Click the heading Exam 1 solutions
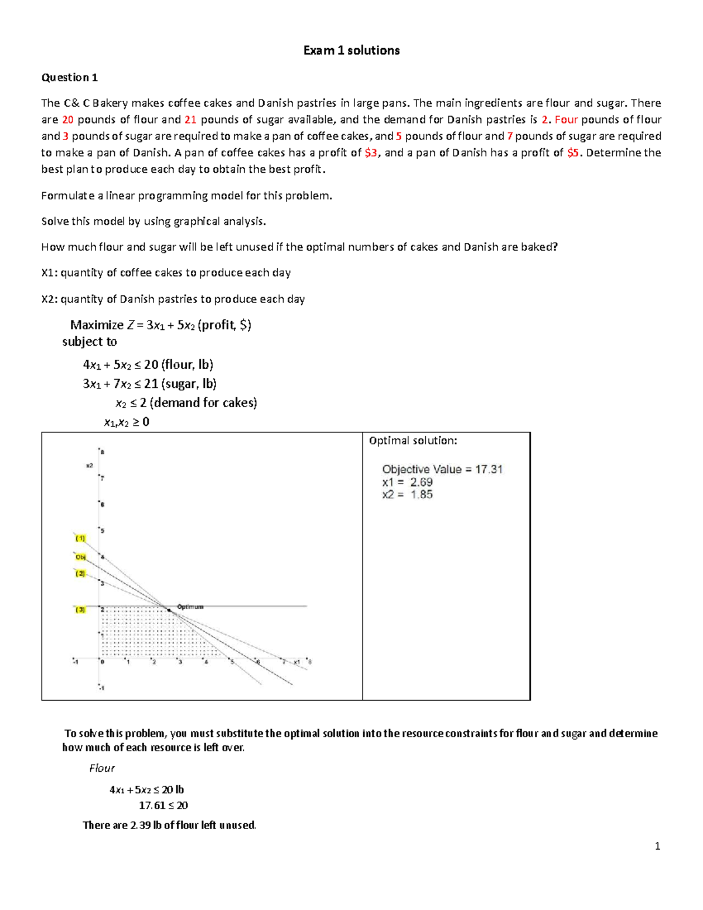351,50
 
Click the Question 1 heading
69,77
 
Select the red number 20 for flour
68,120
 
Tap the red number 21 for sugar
190,120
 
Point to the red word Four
566,120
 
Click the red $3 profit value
370,153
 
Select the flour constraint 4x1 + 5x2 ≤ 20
148,365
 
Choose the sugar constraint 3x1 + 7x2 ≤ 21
149,384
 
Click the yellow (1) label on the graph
80,538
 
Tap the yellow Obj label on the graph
81,557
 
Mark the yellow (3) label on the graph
80,610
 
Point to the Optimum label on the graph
190,606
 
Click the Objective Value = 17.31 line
442,469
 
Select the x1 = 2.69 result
407,482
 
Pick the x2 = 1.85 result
407,495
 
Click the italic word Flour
101,768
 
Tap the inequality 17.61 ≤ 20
163,806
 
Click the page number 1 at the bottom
657,846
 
